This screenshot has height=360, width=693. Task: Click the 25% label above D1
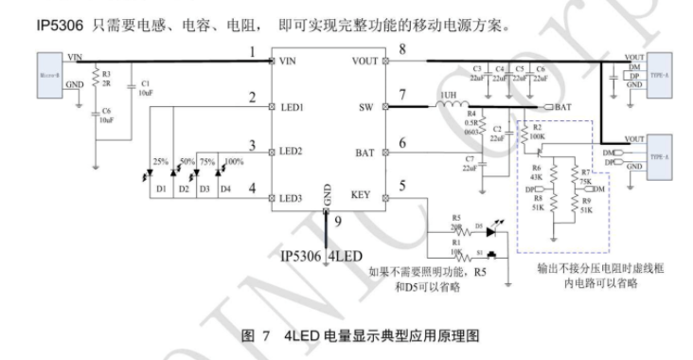point(161,162)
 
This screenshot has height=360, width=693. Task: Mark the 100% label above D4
point(229,162)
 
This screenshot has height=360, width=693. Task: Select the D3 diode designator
point(204,189)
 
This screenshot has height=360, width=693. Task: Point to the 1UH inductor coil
point(453,108)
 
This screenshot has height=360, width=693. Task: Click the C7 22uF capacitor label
point(469,163)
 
